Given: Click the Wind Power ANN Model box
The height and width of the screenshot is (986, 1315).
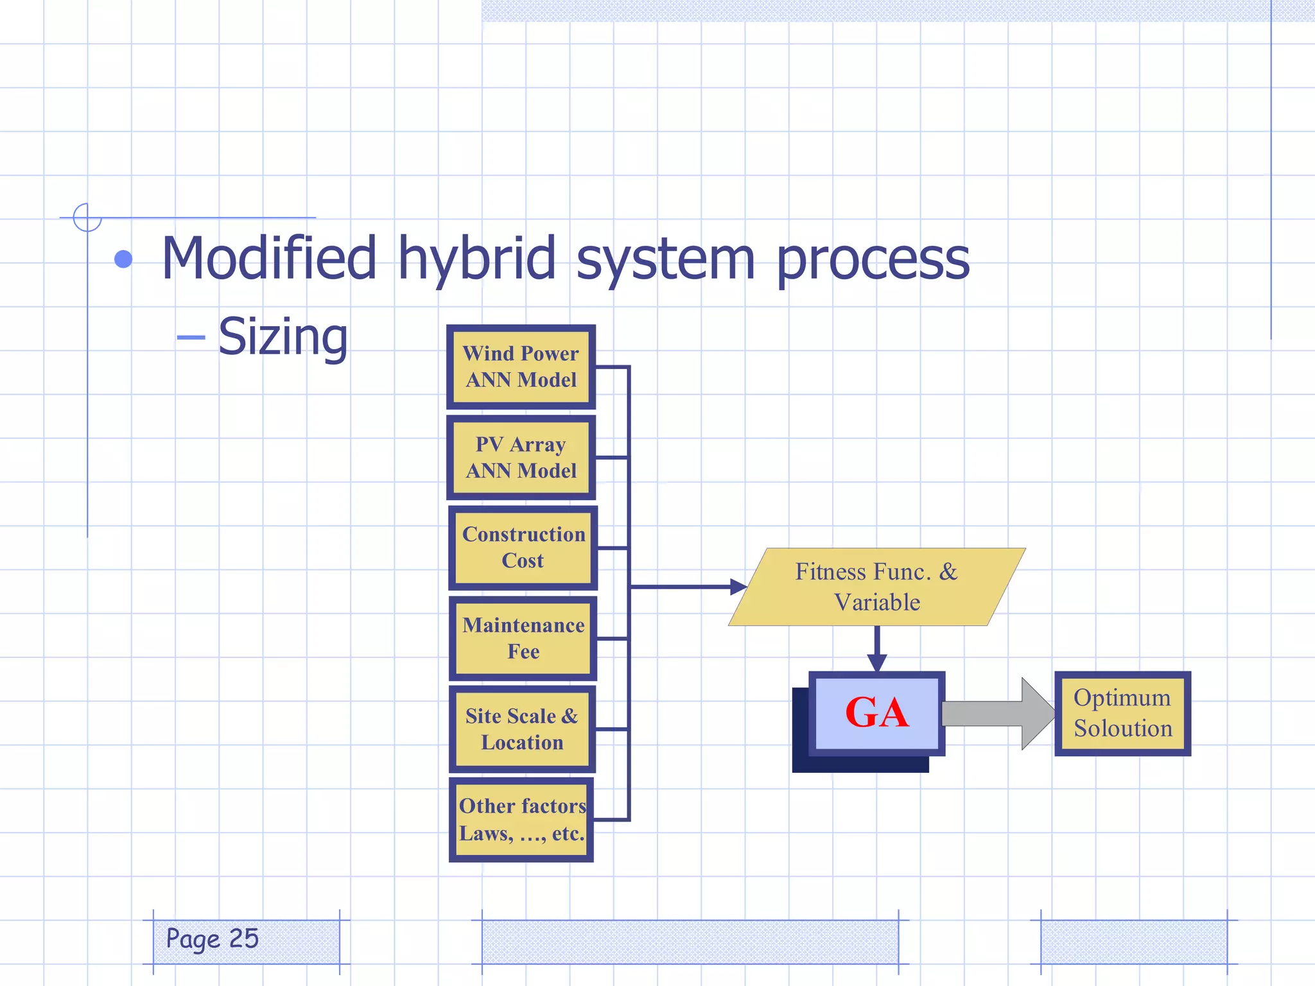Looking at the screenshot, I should [521, 367].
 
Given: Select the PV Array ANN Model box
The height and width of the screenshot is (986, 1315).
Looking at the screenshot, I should [521, 457].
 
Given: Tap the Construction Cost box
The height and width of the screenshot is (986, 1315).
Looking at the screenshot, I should [523, 548].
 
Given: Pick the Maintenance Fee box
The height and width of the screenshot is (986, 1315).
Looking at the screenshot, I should [523, 638].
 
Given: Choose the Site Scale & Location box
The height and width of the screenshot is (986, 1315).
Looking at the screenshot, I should [521, 729].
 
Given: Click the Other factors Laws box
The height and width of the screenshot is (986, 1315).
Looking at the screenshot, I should [521, 820].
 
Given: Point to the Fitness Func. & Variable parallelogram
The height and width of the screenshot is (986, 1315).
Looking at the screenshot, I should [876, 587].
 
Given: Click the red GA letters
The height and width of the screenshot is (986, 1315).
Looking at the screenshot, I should [877, 713].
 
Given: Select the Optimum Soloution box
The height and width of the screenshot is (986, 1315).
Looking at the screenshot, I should [1122, 713].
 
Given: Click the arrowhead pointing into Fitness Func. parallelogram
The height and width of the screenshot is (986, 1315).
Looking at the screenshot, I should [738, 587].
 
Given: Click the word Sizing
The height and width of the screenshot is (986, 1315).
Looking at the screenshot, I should [283, 336].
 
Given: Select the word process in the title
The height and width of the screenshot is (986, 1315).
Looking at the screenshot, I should [873, 259].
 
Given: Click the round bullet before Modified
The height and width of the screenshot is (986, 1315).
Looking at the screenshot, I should [123, 259].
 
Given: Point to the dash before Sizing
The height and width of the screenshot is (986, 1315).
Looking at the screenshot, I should [191, 337].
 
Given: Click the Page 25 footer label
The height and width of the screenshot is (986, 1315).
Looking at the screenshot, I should [213, 938].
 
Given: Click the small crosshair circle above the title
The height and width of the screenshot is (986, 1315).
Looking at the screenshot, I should [87, 217].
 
